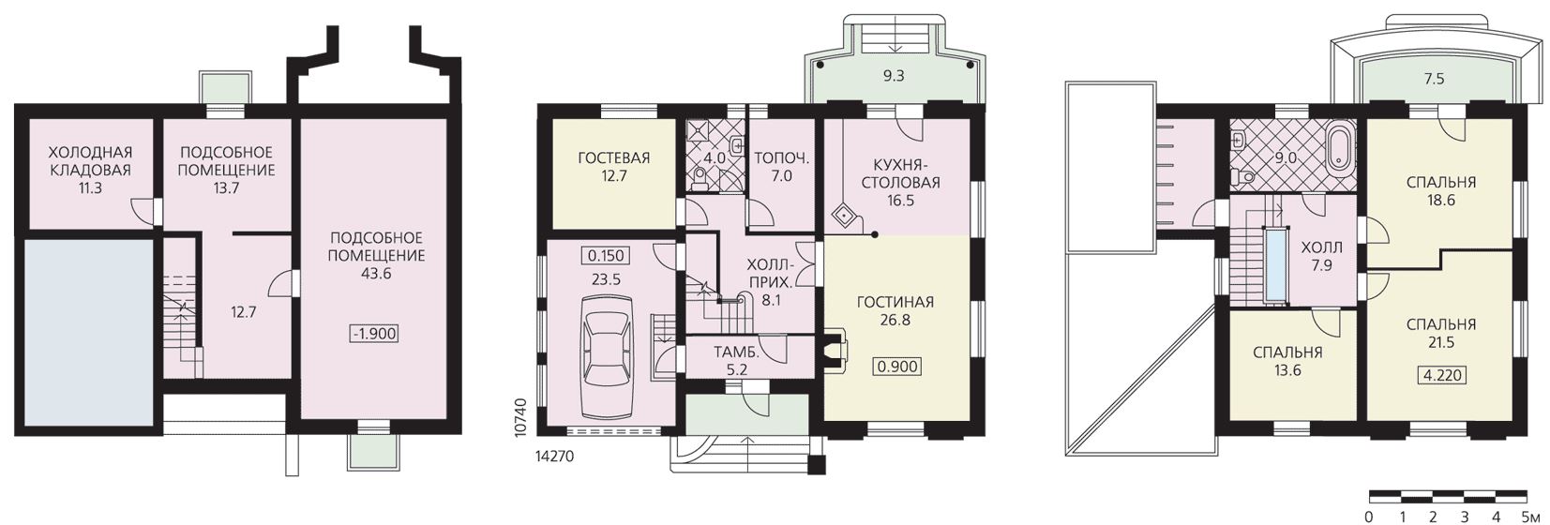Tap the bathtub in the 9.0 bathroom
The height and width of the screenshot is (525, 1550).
1340,148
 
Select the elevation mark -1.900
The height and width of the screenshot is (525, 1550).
374,334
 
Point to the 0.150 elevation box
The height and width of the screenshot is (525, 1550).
606,255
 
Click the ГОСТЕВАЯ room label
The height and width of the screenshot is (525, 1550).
614,157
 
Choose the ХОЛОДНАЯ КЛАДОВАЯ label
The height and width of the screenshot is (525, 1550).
91,160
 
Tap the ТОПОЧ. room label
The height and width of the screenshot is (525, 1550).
782,157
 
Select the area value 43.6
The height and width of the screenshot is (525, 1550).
376,273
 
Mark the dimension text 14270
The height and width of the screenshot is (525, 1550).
555,457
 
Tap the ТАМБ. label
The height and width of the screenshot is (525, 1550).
736,352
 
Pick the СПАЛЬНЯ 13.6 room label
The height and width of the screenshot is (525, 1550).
1287,361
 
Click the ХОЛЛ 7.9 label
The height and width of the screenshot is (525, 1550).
1321,256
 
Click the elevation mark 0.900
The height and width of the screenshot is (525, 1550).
897,366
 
